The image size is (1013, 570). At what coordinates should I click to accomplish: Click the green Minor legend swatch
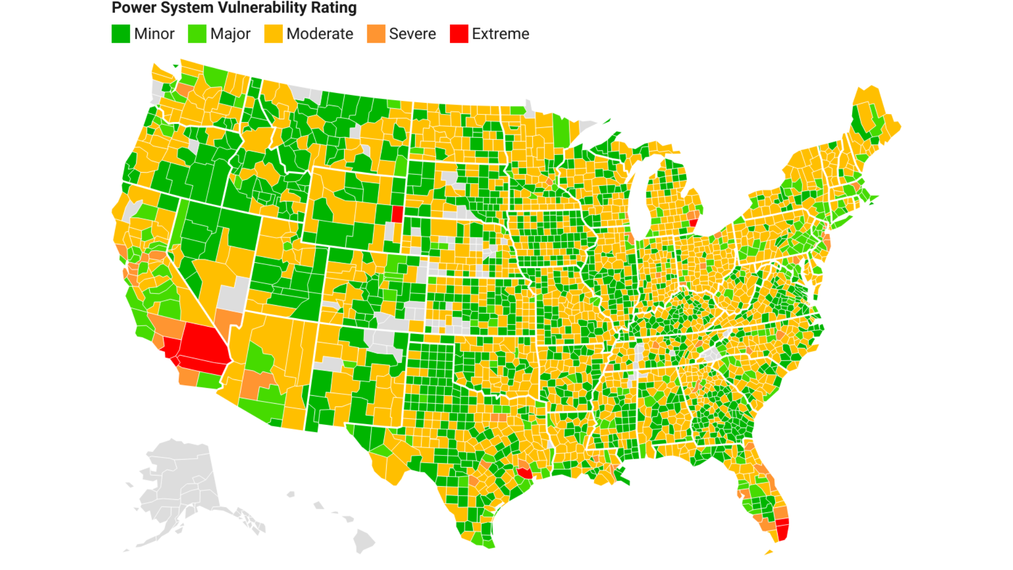click(121, 34)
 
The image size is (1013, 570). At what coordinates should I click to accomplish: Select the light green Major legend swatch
click(197, 34)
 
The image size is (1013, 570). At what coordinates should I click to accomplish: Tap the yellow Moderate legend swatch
click(273, 34)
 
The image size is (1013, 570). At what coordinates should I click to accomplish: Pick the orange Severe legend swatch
click(376, 34)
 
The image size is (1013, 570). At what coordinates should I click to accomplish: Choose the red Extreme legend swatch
click(459, 34)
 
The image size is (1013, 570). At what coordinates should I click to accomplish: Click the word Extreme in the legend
click(500, 34)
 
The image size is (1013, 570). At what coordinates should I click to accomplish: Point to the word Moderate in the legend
click(320, 34)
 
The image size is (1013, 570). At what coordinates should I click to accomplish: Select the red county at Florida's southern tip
click(782, 529)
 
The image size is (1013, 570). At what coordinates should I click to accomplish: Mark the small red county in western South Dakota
click(397, 214)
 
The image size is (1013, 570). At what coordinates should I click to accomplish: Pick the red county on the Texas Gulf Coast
click(525, 473)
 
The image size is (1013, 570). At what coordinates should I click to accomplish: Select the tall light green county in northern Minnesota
click(561, 132)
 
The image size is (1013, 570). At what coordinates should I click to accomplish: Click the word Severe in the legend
click(412, 34)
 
